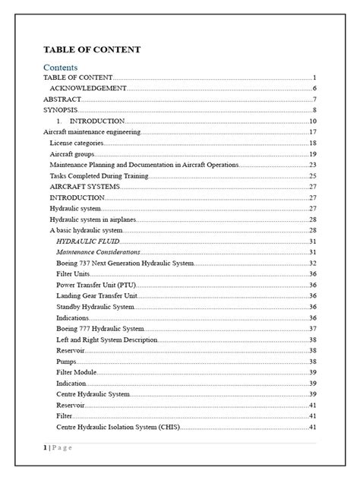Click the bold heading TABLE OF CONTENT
[91, 49]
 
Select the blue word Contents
[61, 67]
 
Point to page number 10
[312, 122]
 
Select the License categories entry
[77, 143]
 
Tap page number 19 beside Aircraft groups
[312, 154]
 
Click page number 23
[312, 165]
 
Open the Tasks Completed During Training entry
[99, 175]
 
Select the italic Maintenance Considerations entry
[98, 251]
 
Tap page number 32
[312, 263]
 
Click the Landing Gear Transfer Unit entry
[96, 295]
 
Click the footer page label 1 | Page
[57, 448]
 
